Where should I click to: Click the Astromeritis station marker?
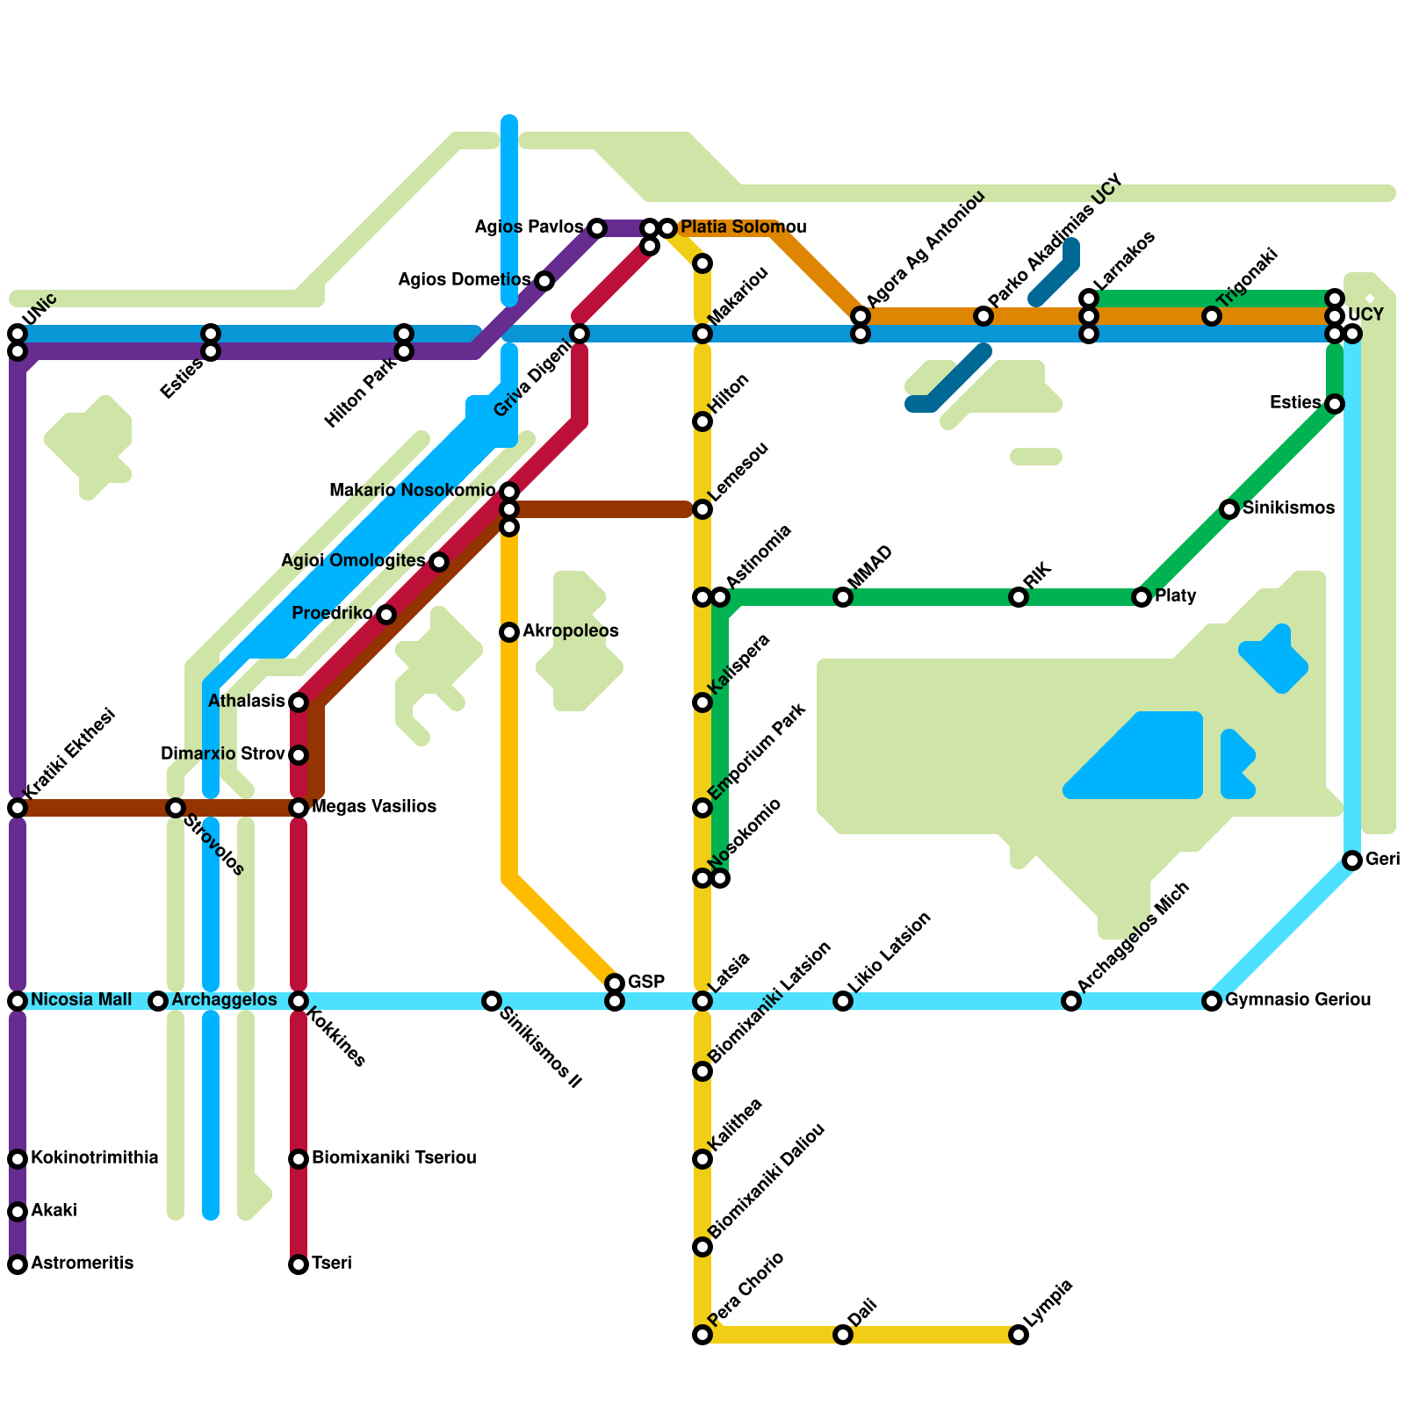pyautogui.click(x=18, y=1264)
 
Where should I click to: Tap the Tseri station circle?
pyautogui.click(x=299, y=1264)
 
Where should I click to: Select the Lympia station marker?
pyautogui.click(x=1019, y=1335)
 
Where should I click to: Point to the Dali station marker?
pyautogui.click(x=843, y=1335)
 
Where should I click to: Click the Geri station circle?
pyautogui.click(x=1352, y=861)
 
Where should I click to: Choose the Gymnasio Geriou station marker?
pyautogui.click(x=1212, y=1001)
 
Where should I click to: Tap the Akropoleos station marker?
pyautogui.click(x=509, y=632)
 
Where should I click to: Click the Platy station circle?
pyautogui.click(x=1142, y=597)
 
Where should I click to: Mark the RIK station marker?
pyautogui.click(x=1019, y=597)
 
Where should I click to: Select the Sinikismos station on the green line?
pyautogui.click(x=1229, y=509)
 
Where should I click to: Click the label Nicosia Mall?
pyautogui.click(x=81, y=1000)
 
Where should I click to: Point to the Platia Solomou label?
pyautogui.click(x=743, y=227)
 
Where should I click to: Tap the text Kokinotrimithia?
pyautogui.click(x=95, y=1158)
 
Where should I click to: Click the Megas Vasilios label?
pyautogui.click(x=374, y=807)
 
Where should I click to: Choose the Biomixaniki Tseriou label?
pyautogui.click(x=394, y=1158)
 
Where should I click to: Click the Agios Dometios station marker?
pyautogui.click(x=544, y=281)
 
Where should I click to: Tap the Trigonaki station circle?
pyautogui.click(x=1212, y=316)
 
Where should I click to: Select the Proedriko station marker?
pyautogui.click(x=386, y=615)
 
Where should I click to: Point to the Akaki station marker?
pyautogui.click(x=18, y=1212)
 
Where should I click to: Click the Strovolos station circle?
pyautogui.click(x=176, y=808)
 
